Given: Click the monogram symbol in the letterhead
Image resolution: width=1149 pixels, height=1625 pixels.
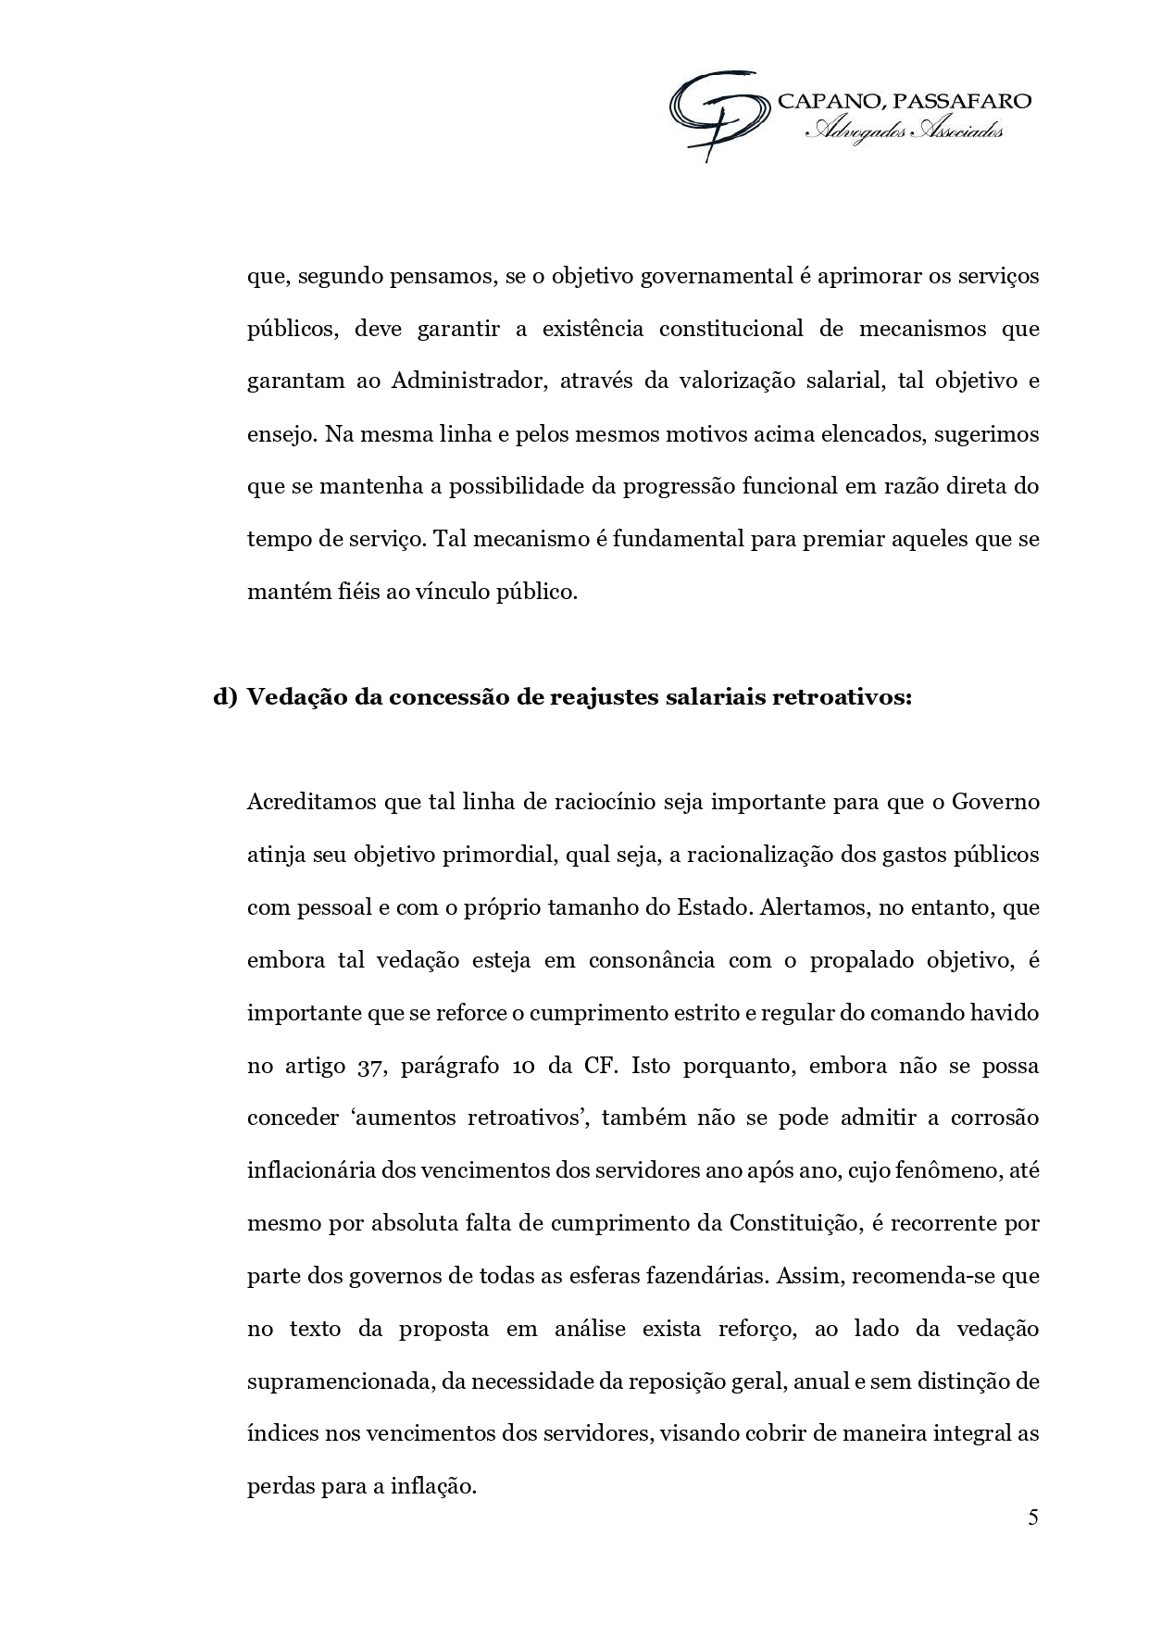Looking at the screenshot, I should (719, 113).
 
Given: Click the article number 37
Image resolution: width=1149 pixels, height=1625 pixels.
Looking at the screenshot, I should (364, 1065).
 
